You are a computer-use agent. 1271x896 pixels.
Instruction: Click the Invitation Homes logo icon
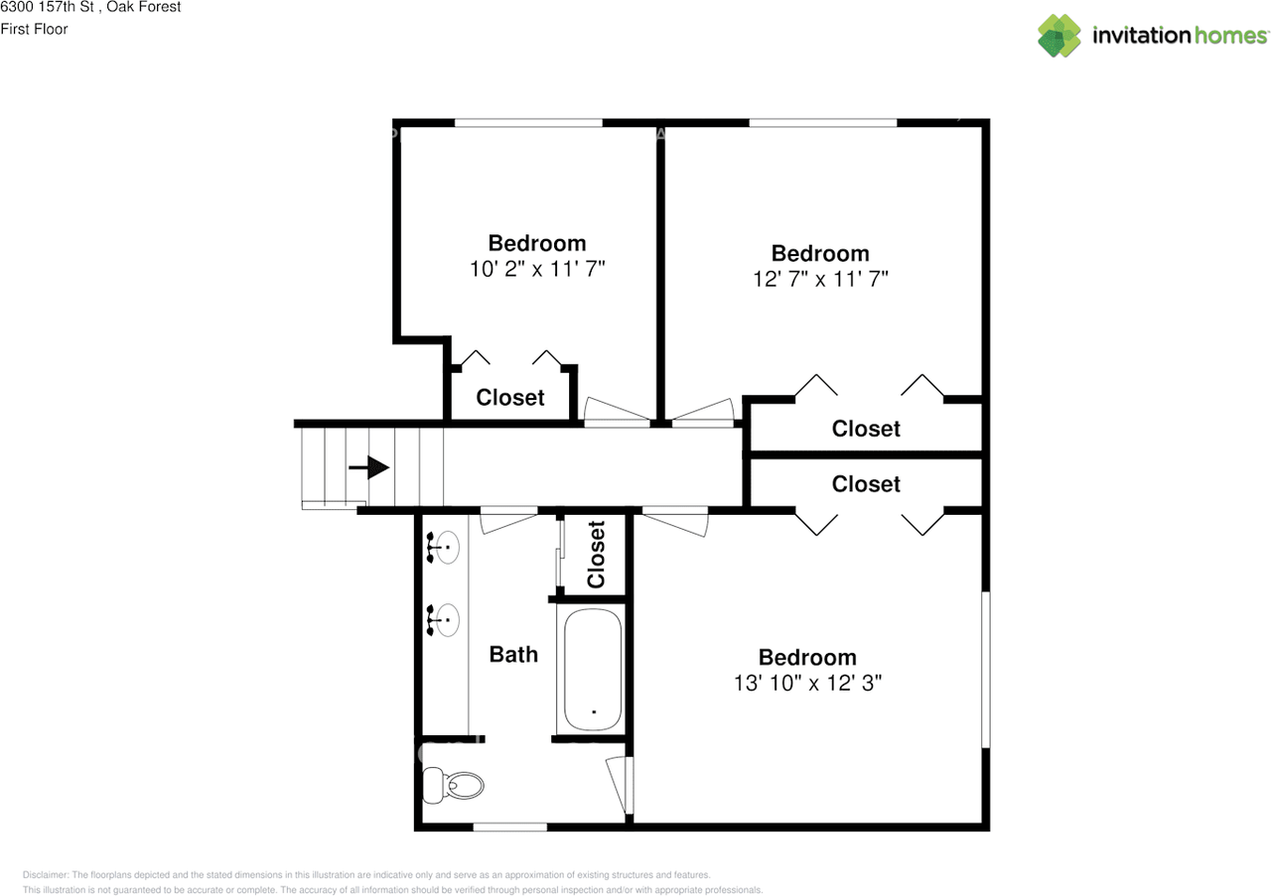click(1059, 36)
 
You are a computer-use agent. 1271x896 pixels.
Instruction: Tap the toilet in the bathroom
click(453, 786)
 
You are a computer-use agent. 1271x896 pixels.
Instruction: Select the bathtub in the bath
click(593, 670)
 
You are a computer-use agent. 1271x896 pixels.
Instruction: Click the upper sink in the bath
click(444, 547)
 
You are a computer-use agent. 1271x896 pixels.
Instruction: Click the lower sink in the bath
click(444, 619)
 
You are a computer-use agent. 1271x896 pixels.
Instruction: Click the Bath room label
click(513, 654)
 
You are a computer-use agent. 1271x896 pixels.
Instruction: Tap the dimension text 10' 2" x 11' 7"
click(537, 269)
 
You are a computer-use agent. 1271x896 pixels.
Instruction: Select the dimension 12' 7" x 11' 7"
click(820, 279)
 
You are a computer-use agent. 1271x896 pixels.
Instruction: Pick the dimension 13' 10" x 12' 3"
click(806, 683)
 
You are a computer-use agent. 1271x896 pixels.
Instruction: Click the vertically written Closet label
click(596, 554)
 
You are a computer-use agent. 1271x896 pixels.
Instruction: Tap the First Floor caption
click(34, 29)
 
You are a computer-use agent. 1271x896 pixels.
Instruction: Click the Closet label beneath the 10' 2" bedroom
click(510, 397)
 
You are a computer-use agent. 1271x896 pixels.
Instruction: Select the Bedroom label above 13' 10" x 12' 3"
click(806, 657)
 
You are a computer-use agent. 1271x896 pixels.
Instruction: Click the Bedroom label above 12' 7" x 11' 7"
click(820, 253)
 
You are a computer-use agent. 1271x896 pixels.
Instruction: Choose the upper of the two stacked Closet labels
click(866, 428)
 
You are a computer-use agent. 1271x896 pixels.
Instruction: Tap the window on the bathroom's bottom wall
click(509, 827)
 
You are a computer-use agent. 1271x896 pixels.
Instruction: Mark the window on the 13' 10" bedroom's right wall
click(986, 670)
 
